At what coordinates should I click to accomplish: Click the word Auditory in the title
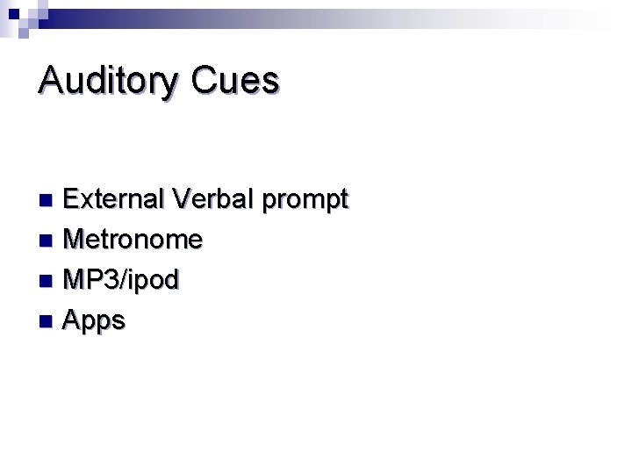point(108,81)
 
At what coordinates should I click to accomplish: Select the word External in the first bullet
point(113,199)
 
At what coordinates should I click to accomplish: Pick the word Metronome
point(133,239)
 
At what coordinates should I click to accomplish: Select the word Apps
point(95,321)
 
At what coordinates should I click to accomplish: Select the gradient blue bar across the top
point(263,18)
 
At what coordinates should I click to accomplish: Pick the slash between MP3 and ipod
point(124,280)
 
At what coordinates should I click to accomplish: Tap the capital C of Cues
point(205,81)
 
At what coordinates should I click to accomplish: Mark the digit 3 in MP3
point(111,280)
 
